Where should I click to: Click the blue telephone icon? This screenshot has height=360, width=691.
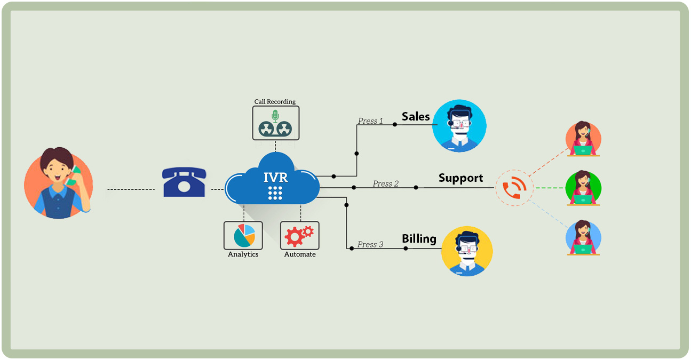[184, 182]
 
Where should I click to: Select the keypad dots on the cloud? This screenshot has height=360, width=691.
[275, 193]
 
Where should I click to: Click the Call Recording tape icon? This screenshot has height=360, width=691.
[275, 123]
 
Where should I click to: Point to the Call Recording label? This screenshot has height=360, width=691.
[275, 101]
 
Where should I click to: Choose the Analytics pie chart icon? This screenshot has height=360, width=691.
[243, 235]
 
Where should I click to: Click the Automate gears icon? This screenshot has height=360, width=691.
[299, 235]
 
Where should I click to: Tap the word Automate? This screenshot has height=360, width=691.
[300, 254]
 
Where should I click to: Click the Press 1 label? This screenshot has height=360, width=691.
[370, 121]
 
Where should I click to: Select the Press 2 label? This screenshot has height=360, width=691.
[386, 184]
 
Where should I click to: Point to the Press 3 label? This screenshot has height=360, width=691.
[370, 244]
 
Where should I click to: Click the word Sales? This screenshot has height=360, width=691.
[416, 117]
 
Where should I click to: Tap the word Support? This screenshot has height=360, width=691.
[460, 178]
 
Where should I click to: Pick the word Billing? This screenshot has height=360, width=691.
[419, 238]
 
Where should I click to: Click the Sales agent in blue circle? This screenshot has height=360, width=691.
[459, 126]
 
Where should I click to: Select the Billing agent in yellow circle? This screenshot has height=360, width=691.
[467, 251]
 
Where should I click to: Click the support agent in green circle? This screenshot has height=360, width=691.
[583, 188]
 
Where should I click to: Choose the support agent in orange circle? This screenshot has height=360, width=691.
[583, 139]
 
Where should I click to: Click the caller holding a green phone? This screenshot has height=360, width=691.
[59, 183]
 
